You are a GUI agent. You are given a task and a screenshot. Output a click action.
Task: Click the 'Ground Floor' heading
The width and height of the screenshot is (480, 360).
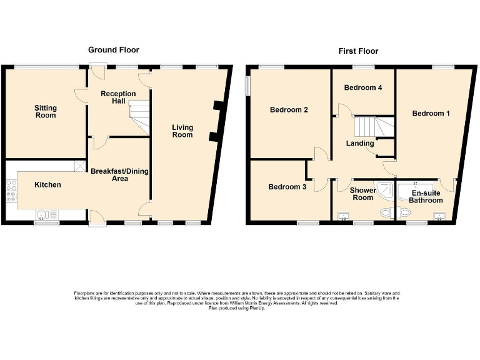coord(113,49)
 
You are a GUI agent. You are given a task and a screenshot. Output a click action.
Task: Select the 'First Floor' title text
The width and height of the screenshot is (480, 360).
coord(358,51)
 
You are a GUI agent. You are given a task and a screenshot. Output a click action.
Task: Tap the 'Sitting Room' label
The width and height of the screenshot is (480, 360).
coord(45,111)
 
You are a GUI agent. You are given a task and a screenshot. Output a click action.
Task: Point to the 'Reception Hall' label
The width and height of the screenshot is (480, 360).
coord(118,97)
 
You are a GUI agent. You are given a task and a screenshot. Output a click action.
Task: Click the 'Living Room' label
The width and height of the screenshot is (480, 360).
coord(182,131)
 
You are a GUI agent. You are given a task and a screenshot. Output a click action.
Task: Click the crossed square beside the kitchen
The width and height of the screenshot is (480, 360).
coord(79,166)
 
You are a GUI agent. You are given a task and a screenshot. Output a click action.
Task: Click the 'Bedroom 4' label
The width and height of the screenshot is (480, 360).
coord(363,87)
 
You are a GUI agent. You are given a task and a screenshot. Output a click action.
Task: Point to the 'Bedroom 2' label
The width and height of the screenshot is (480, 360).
coord(289,110)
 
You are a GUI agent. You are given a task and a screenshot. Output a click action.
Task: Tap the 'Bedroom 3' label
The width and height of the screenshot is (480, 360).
coord(287,186)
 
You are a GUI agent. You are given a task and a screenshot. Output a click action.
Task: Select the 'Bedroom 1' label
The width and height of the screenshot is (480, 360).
coord(431,113)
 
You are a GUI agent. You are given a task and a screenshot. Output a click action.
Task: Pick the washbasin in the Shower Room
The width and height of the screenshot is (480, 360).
coord(343,217)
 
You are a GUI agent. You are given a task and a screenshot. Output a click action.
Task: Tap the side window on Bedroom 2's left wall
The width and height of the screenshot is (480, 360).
coord(247,86)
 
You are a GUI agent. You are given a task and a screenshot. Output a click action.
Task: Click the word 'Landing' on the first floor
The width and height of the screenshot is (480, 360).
coord(360,143)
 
